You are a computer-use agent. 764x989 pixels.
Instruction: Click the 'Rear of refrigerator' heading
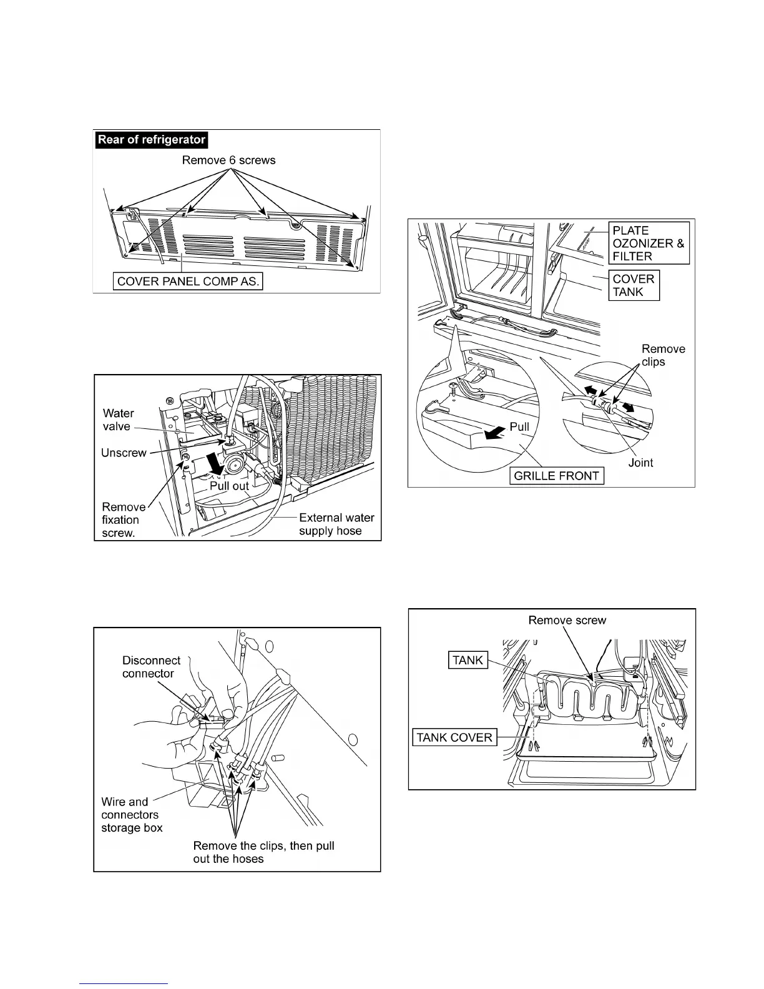tap(151, 139)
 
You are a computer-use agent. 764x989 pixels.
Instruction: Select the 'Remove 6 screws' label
tap(228, 160)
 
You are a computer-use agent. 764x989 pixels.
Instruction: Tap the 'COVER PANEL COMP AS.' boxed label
tap(188, 281)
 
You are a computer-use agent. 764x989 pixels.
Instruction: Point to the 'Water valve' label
tap(117, 420)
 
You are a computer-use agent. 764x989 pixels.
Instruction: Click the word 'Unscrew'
tap(124, 453)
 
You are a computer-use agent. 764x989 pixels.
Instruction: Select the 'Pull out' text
tap(229, 486)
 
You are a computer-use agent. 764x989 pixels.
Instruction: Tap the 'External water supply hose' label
tap(336, 524)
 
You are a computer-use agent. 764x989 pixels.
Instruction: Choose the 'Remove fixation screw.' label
tap(122, 520)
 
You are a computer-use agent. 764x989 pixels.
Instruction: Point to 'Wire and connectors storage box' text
tap(132, 815)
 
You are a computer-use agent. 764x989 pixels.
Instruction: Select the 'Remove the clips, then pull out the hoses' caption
tap(263, 852)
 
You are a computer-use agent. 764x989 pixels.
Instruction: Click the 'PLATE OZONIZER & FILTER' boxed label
tap(649, 243)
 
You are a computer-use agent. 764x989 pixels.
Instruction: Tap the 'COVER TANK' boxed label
tap(633, 285)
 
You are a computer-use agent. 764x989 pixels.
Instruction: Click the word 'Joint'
tap(640, 463)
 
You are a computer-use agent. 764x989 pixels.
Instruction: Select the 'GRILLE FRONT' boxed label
tap(556, 476)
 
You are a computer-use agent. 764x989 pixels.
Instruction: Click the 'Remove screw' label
tap(567, 620)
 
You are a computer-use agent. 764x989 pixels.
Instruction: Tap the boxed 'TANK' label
tap(468, 660)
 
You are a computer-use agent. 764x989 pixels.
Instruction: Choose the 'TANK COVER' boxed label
tap(454, 737)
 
